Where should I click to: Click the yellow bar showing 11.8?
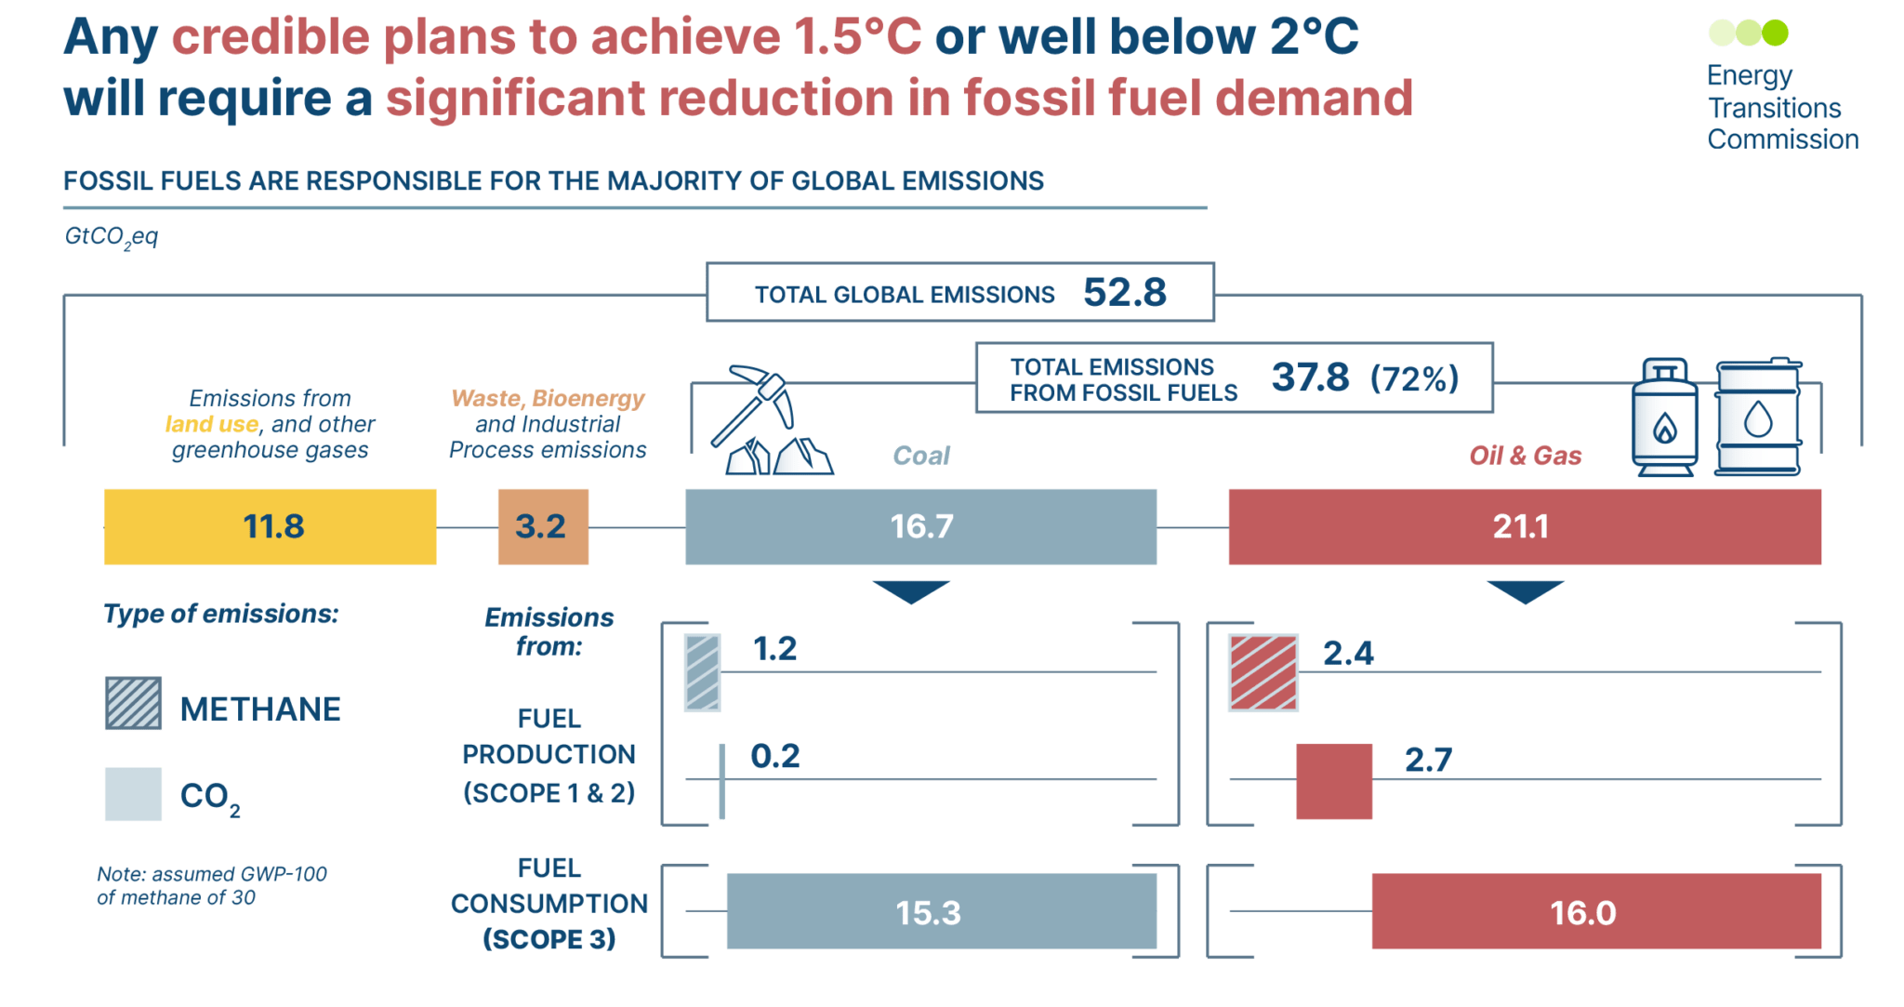[x=270, y=526]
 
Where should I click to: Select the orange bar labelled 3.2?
[x=543, y=526]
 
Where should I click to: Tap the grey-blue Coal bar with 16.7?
[x=920, y=526]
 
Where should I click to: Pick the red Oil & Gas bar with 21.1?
[x=1525, y=526]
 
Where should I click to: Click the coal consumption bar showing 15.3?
[x=941, y=911]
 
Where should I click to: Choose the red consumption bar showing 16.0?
[x=1595, y=911]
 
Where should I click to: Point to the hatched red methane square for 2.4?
[x=1263, y=673]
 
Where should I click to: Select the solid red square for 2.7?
[x=1333, y=781]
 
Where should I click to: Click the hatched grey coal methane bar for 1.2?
[x=702, y=673]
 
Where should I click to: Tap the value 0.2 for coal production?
[x=774, y=756]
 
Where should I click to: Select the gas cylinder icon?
[x=1664, y=417]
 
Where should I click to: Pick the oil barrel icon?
[x=1757, y=417]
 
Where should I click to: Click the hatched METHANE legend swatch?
[x=133, y=704]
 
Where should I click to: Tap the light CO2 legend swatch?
[x=133, y=794]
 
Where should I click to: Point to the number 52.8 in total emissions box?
[x=1124, y=293]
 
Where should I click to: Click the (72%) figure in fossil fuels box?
[x=1414, y=378]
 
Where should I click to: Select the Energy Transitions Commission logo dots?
[x=1748, y=33]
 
